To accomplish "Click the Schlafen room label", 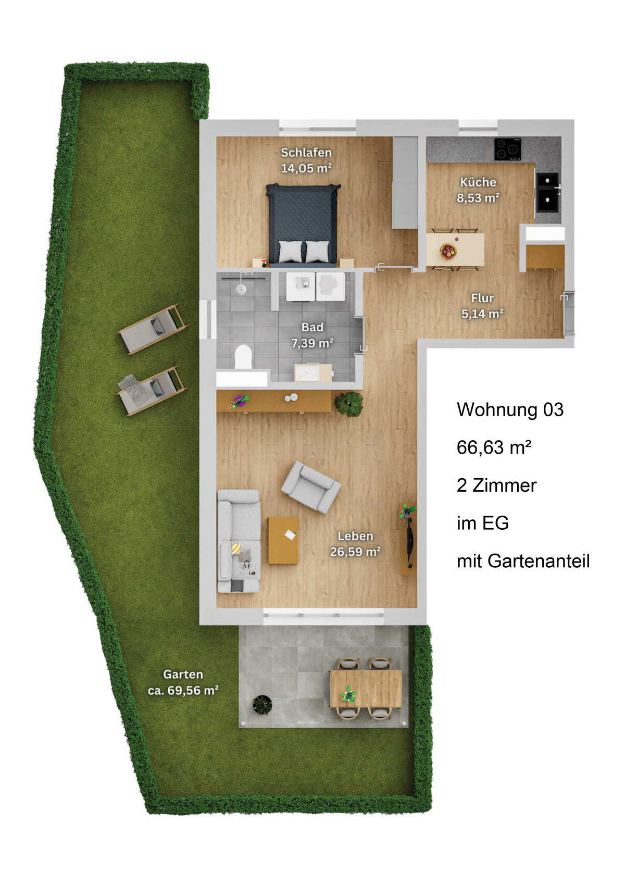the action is (306, 152).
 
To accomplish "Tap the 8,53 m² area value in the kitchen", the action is (478, 197).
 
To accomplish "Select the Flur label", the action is (482, 298).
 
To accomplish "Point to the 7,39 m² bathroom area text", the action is (312, 343).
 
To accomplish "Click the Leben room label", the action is (355, 536).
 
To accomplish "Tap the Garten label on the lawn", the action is (183, 674).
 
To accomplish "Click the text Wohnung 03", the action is (510, 409).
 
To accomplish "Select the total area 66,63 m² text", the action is (494, 447).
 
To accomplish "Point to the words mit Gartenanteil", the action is (523, 561).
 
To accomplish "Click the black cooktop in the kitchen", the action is (508, 149).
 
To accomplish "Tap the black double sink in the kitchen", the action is (547, 192).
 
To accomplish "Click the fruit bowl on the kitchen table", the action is (448, 251).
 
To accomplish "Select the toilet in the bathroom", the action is (243, 356).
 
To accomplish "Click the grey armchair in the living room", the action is (310, 487).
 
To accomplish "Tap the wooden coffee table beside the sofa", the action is (283, 540).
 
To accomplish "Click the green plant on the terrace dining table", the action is (348, 694).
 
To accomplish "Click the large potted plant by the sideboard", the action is (349, 404).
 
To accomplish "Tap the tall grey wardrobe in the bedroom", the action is (405, 182).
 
